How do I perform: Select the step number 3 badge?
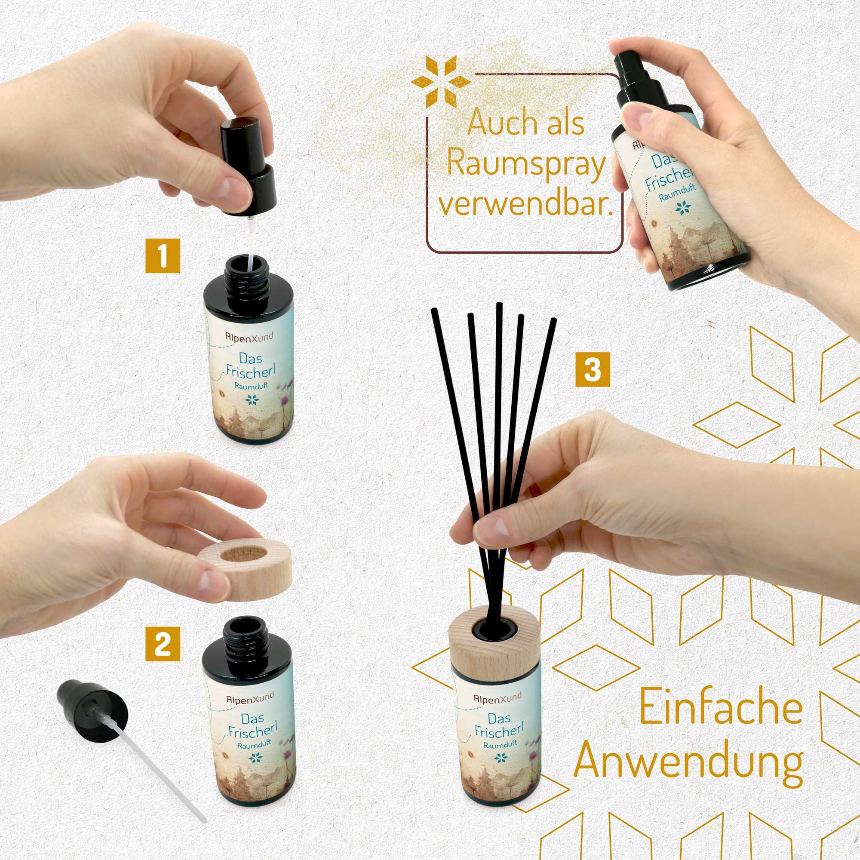[x=593, y=369]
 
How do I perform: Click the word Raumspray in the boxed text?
[x=526, y=164]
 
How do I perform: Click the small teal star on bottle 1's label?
[x=252, y=400]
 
